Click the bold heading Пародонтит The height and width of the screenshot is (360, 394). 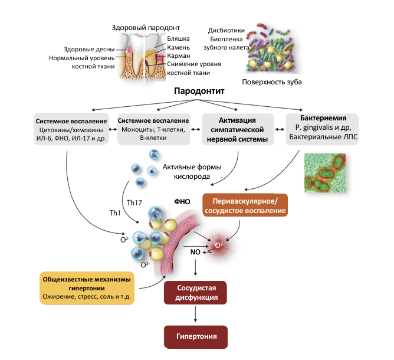click(199, 91)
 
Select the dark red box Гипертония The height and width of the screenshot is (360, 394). click(196, 337)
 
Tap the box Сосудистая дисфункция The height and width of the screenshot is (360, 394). click(195, 293)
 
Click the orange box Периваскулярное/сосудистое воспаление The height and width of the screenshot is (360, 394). click(245, 205)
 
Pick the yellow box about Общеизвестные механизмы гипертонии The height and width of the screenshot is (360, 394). click(87, 288)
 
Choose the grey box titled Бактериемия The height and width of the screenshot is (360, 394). click(322, 129)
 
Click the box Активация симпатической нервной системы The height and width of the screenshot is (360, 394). click(238, 129)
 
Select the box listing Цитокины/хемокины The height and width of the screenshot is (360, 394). click(71, 129)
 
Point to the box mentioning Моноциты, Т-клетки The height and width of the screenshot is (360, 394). click(153, 129)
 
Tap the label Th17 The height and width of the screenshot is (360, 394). click(134, 202)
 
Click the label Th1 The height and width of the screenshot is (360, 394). click(115, 213)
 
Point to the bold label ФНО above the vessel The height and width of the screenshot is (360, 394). click(182, 202)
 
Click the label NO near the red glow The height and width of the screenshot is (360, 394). click(195, 252)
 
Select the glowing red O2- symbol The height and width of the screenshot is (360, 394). click(219, 245)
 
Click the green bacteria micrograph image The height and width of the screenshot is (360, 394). click(325, 173)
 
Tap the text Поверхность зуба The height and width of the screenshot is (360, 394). click(272, 82)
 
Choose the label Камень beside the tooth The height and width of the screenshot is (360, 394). click(178, 47)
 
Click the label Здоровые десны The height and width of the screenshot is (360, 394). click(89, 49)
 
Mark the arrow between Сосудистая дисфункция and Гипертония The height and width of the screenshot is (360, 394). click(195, 313)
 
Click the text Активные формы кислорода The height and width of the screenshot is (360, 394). click(192, 172)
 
